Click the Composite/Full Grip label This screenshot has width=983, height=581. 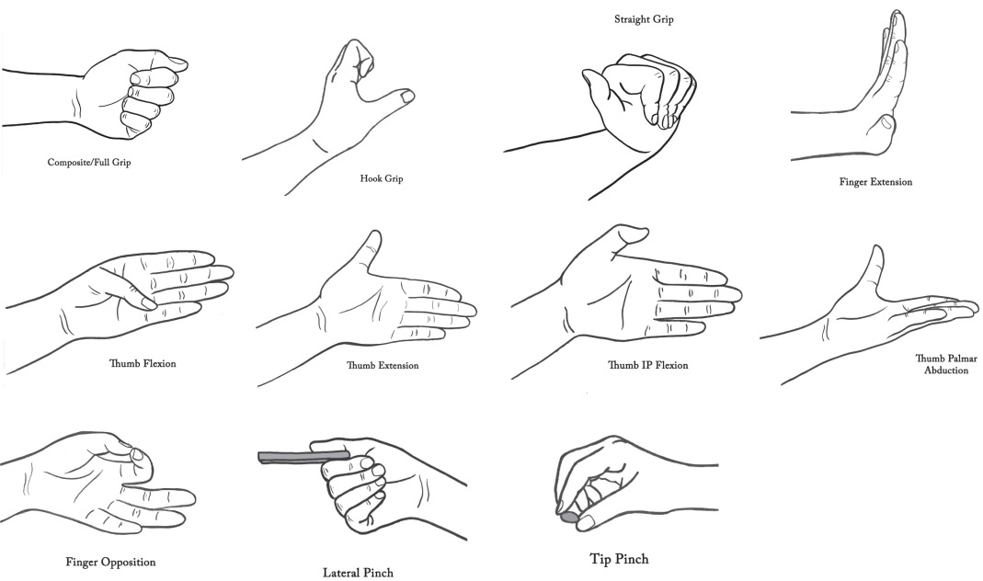tap(89, 163)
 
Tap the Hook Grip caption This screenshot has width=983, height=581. tap(382, 178)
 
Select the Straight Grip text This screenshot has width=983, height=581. tap(644, 19)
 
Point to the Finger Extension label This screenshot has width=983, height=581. tap(875, 182)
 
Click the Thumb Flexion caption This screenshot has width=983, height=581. tap(143, 363)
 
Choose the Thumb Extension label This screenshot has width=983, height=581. tap(383, 365)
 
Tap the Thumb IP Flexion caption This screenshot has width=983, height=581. tap(647, 365)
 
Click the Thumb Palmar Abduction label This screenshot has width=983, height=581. tap(946, 364)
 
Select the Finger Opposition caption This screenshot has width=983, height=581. tap(110, 562)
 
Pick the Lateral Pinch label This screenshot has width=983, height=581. tap(358, 572)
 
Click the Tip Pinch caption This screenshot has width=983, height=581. tap(619, 558)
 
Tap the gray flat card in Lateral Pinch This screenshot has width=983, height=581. tap(303, 456)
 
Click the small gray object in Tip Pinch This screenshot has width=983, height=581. tap(568, 517)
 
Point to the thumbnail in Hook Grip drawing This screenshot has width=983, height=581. tap(406, 97)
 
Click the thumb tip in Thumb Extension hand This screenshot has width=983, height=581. tap(374, 238)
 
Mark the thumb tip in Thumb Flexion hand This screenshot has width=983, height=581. tap(149, 303)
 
